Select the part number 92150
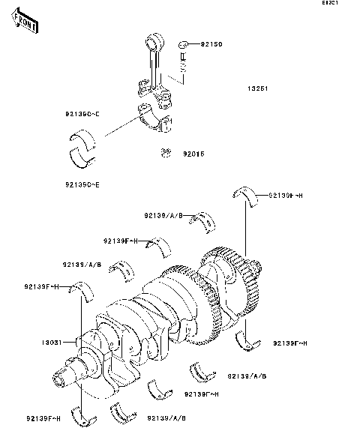pos(211,45)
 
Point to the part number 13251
pos(258,88)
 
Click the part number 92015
pos(194,155)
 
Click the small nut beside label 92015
pos(166,154)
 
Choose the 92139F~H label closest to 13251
pos(285,196)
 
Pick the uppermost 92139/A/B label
pos(164,214)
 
